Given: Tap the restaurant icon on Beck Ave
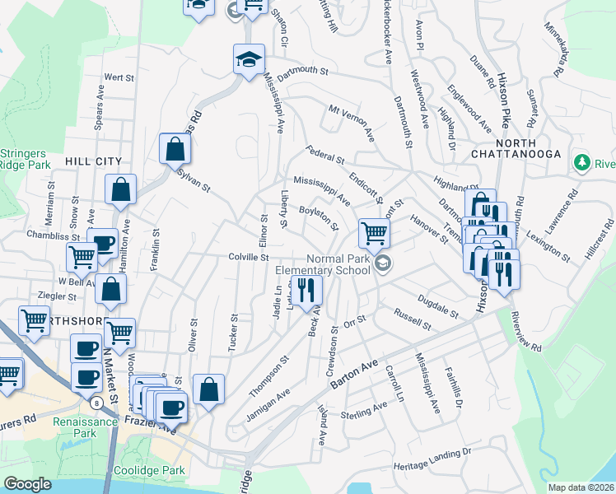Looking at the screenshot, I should (307, 290).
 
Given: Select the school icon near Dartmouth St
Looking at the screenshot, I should (249, 60).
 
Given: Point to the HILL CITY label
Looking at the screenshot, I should (94, 162).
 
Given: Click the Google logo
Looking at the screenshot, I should (28, 484).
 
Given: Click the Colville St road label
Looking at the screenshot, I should (250, 258).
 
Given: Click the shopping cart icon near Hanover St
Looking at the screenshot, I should (374, 234).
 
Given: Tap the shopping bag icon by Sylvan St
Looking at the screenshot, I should (175, 149).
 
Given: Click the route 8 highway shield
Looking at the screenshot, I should (97, 403).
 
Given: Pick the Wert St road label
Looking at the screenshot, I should (119, 77).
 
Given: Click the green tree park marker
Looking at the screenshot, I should (584, 162).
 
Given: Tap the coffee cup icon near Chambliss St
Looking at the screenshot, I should (104, 244).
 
